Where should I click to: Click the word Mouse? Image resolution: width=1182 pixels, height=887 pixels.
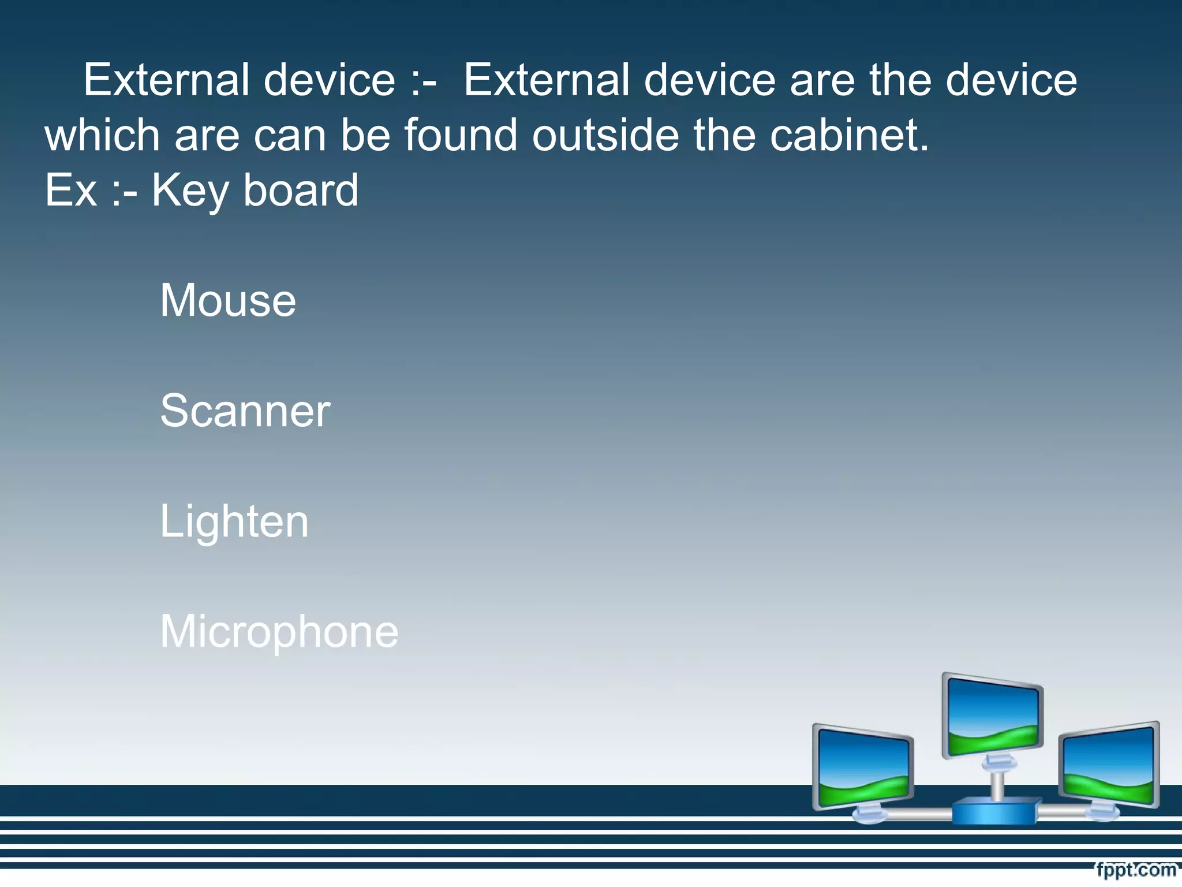coord(228,300)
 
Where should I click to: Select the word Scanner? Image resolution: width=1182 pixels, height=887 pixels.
coord(245,411)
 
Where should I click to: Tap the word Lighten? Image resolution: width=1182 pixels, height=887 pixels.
coord(234,521)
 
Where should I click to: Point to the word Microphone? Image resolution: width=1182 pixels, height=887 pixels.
coord(279,632)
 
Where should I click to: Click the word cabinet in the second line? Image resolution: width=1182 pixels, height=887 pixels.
coord(849,135)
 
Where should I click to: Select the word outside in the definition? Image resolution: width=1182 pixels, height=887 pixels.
coord(605,135)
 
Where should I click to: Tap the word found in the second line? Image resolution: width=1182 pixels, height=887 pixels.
coord(460,135)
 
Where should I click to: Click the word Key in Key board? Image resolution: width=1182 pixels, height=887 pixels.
coord(190,191)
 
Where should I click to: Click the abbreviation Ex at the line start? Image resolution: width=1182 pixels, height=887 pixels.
coord(70,190)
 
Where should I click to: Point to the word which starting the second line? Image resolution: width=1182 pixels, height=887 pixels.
coord(102,135)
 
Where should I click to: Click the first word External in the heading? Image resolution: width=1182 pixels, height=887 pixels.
coord(166,80)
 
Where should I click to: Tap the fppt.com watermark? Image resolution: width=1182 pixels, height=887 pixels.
coord(1136,869)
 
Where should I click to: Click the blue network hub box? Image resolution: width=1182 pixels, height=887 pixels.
coord(994,811)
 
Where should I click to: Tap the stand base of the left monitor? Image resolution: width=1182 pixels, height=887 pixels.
coord(869,815)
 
